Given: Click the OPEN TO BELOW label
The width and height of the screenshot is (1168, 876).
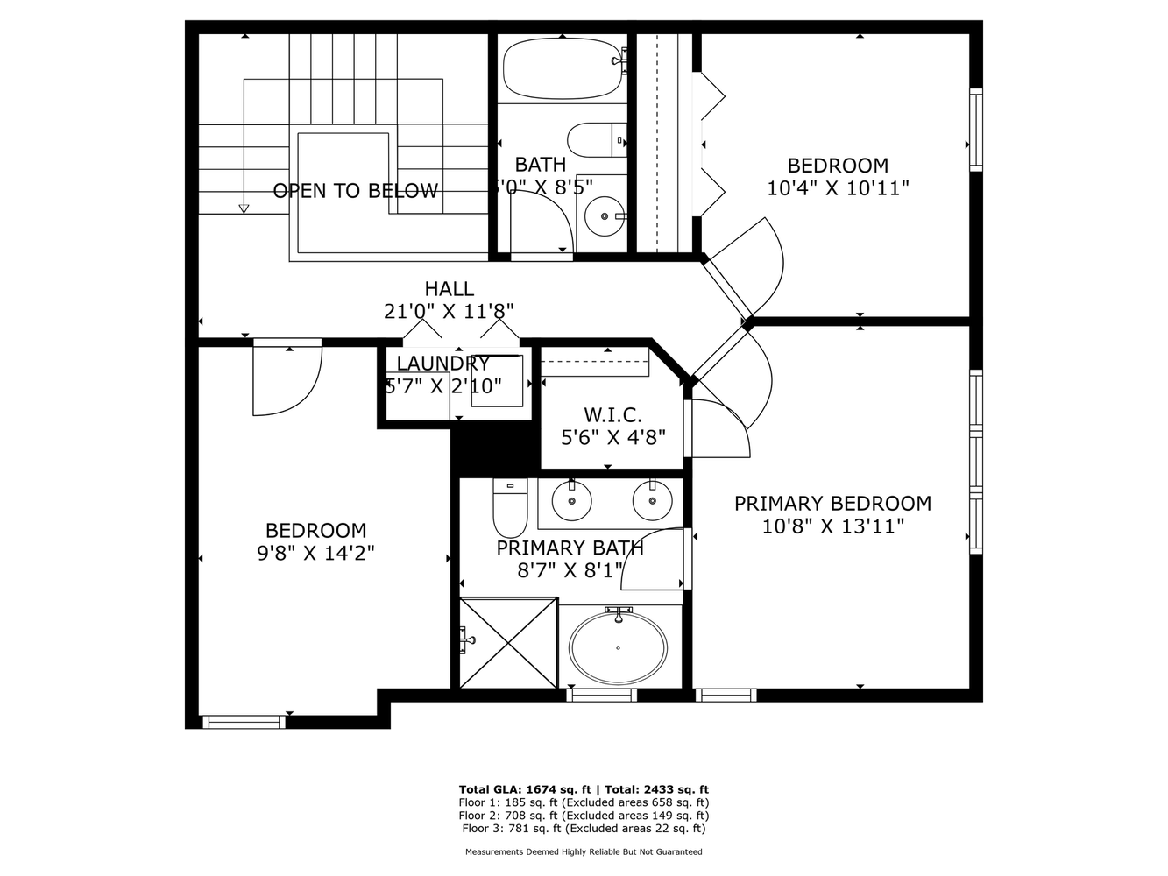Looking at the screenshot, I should (355, 191).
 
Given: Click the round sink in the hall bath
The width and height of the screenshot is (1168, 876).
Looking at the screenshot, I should (605, 215).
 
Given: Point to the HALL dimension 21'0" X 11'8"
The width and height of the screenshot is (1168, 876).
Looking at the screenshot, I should (448, 311).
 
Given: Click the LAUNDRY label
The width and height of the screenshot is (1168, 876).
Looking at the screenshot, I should (442, 364).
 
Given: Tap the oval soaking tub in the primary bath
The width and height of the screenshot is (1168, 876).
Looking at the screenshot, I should (618, 648).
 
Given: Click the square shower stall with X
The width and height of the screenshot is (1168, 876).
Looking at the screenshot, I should (508, 643).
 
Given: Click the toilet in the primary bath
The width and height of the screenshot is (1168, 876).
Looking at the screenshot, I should (509, 511).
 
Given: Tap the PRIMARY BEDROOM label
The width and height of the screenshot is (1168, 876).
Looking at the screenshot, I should (832, 504).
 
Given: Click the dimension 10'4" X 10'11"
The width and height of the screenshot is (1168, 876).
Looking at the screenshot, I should (837, 187).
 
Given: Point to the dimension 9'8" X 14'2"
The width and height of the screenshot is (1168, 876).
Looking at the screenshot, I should (315, 553).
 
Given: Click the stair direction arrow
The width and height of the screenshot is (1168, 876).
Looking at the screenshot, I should (244, 208).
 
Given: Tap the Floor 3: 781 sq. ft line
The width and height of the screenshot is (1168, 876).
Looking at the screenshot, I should (584, 828).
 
